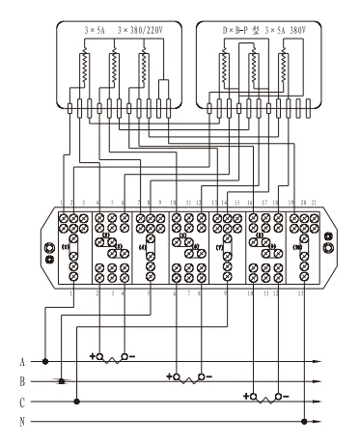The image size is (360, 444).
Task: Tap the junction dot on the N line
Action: [x=304, y=421]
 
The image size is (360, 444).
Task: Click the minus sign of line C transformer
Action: [x=289, y=396]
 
